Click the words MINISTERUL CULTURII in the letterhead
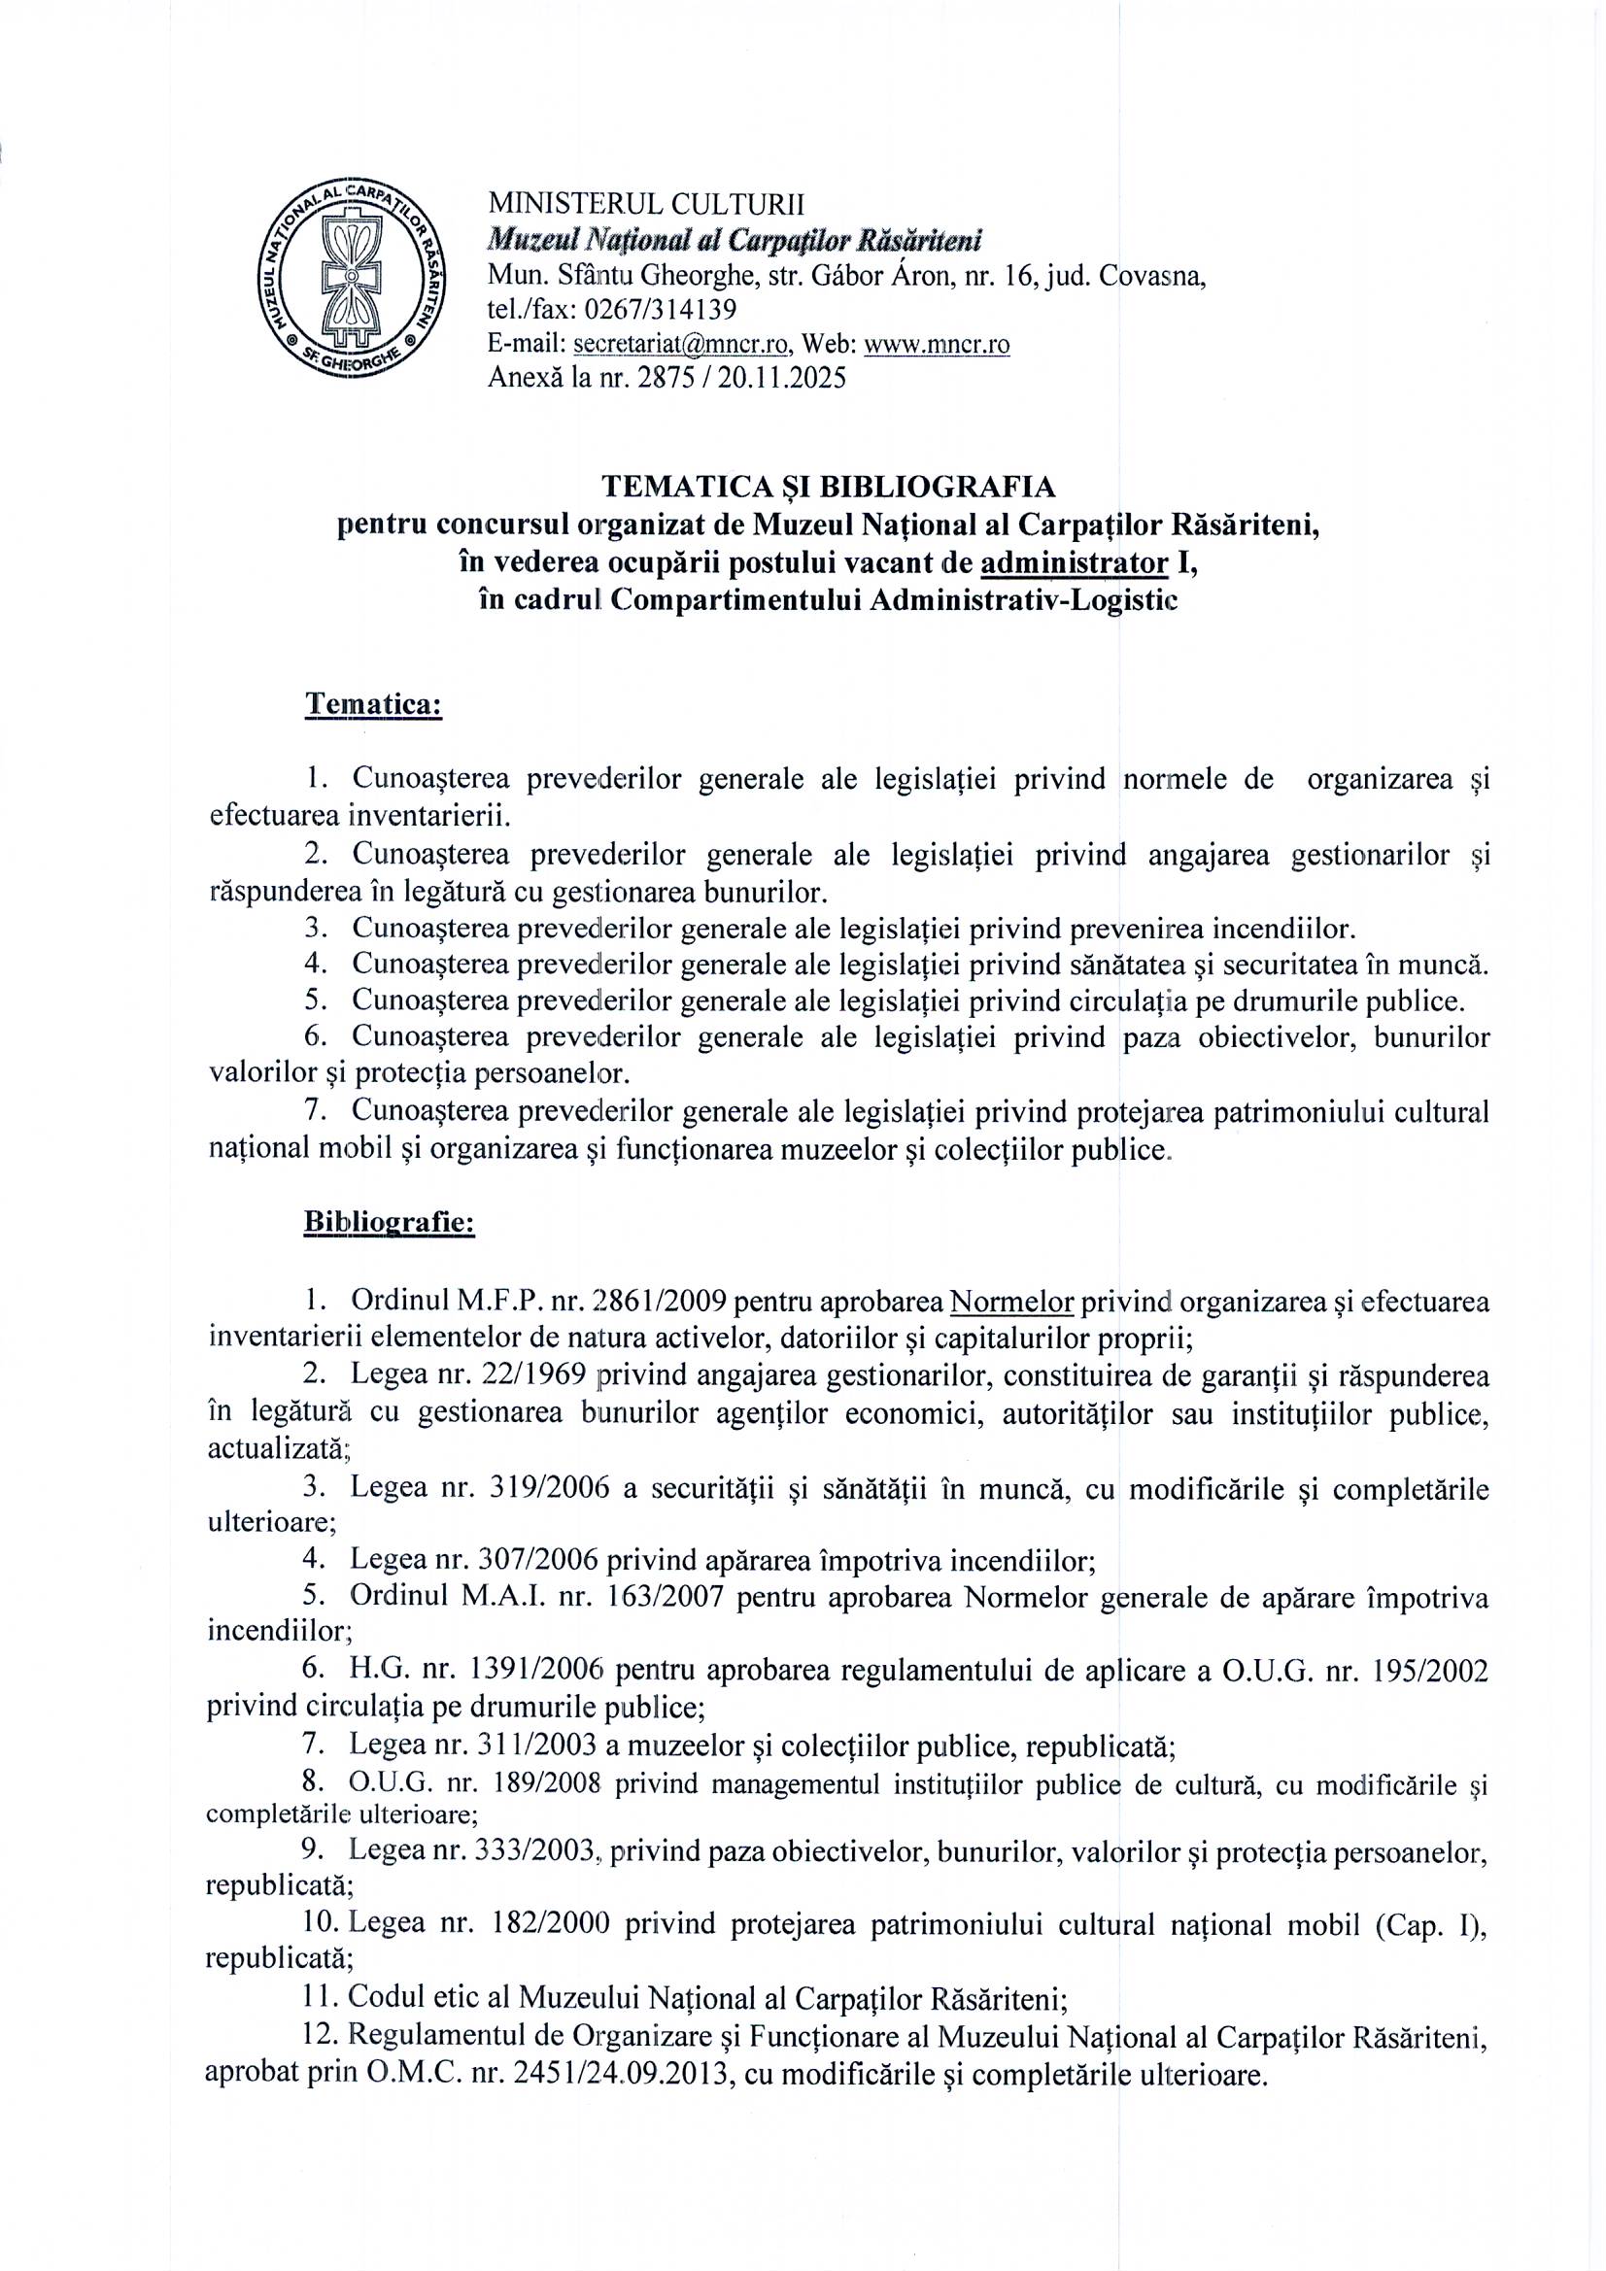646,205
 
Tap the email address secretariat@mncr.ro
681,343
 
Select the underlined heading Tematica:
372,704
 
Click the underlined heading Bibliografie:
389,1223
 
